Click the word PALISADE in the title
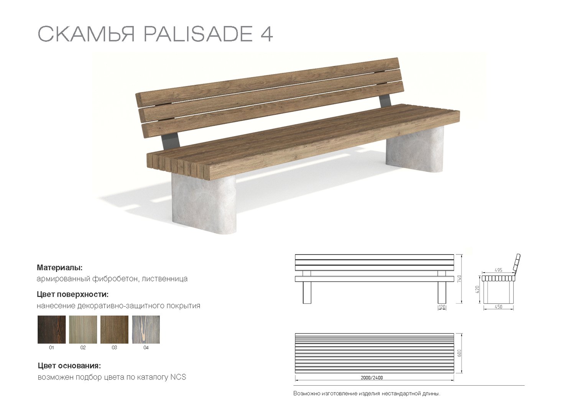(x=198, y=34)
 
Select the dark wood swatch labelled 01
(x=51, y=329)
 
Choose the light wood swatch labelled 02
(x=83, y=329)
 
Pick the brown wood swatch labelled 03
(x=114, y=329)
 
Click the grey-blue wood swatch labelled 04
(x=146, y=329)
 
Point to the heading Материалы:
(x=59, y=268)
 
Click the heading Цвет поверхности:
(x=72, y=294)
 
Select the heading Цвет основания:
(x=69, y=366)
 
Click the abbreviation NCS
(x=178, y=377)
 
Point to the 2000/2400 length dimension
(x=371, y=378)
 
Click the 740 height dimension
(x=459, y=279)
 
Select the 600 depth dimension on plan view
(x=459, y=353)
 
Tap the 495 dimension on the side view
(x=498, y=270)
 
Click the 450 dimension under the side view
(x=498, y=307)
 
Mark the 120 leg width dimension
(x=442, y=307)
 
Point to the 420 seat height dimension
(x=477, y=289)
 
